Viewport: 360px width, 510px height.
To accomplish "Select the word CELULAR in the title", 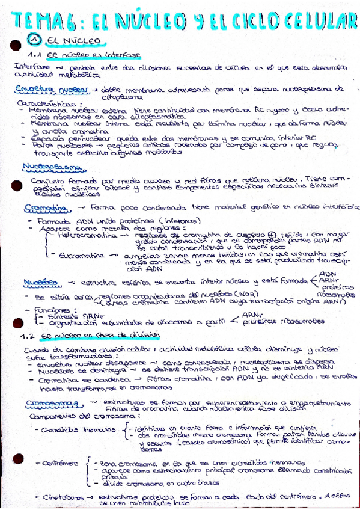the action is [319, 22].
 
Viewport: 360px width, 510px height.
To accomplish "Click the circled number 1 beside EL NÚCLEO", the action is [34, 41].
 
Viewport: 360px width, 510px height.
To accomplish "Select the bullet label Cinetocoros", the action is [63, 498].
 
